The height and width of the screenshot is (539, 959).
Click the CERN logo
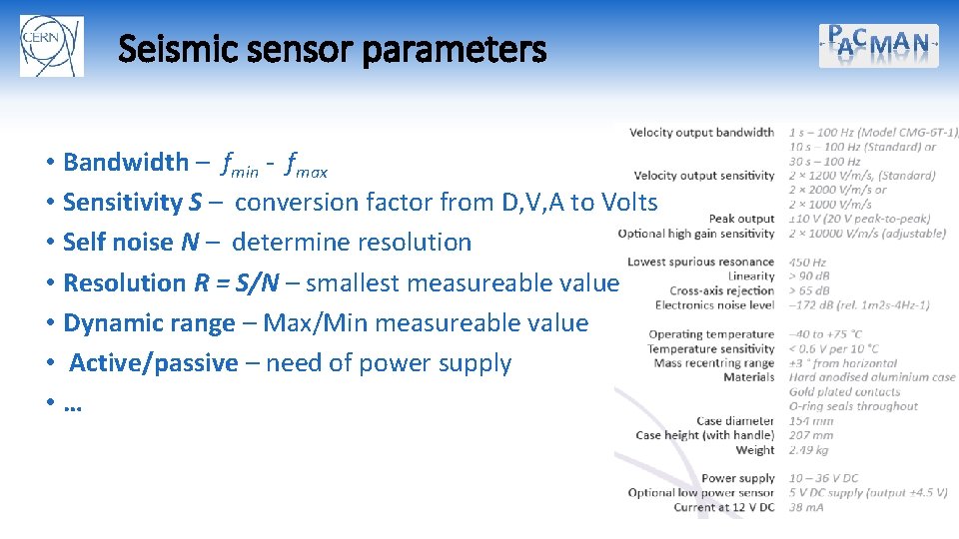click(x=51, y=46)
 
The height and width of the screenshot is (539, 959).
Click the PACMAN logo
click(x=879, y=45)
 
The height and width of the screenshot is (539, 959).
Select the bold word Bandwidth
click(x=125, y=162)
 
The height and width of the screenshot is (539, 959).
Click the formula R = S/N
click(x=236, y=282)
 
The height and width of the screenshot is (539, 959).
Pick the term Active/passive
click(x=153, y=362)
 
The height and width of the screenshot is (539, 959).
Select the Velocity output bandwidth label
click(x=701, y=132)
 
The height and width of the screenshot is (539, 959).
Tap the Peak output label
click(x=741, y=219)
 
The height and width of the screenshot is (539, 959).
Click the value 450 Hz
click(x=807, y=263)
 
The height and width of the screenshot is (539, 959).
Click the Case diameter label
click(x=735, y=421)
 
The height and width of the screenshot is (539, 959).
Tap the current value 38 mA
click(x=805, y=507)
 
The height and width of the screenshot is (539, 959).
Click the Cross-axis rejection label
click(x=722, y=290)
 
